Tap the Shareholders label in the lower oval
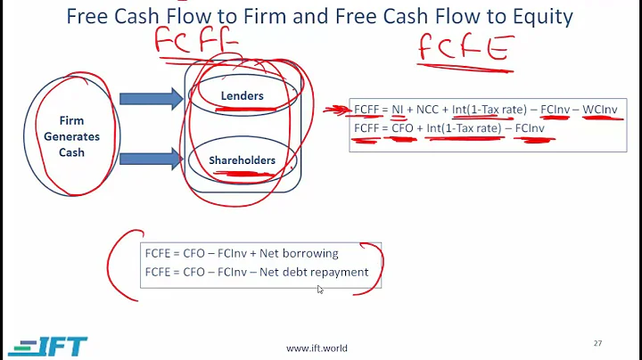(x=242, y=160)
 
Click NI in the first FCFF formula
(x=398, y=110)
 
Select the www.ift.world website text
(x=317, y=348)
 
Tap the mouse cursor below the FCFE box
(x=320, y=289)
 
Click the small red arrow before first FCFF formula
(x=337, y=110)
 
